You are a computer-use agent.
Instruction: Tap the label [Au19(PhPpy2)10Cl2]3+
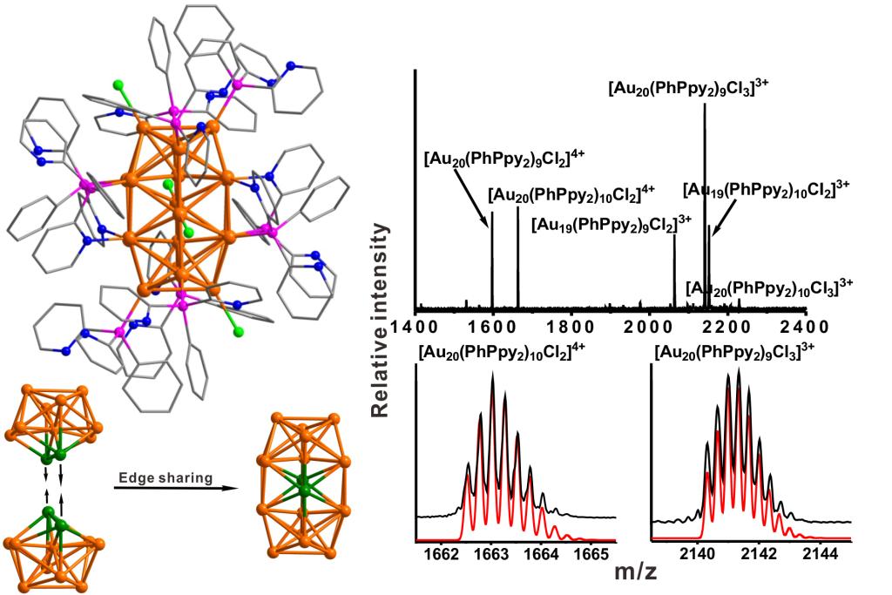766,188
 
